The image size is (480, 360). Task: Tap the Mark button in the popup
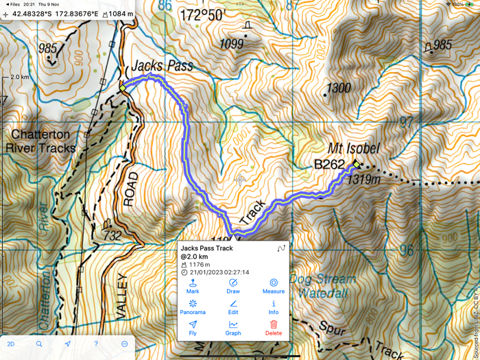pos(193,286)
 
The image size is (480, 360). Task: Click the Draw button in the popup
pos(233,286)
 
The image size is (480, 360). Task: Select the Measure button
pos(273,286)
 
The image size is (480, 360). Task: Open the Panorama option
pos(193,307)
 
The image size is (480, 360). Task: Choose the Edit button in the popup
pos(233,307)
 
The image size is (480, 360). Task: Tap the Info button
pos(273,307)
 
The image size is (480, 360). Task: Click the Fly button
pos(193,327)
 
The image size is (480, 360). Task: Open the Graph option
pos(233,327)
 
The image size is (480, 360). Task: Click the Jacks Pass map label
pos(162,67)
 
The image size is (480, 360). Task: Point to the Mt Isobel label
pos(353,149)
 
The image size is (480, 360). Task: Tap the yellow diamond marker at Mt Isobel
pos(356,165)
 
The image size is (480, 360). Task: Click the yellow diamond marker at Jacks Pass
pos(123,88)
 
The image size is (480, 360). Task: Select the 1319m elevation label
pos(363,180)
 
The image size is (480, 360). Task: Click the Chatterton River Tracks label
pos(40,141)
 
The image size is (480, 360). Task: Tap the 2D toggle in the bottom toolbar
pos(11,344)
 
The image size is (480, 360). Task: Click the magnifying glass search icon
pos(39,344)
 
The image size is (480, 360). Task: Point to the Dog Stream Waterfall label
pos(322,285)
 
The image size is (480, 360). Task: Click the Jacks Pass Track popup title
pos(206,248)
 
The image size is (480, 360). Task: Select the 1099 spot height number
pos(231,44)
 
